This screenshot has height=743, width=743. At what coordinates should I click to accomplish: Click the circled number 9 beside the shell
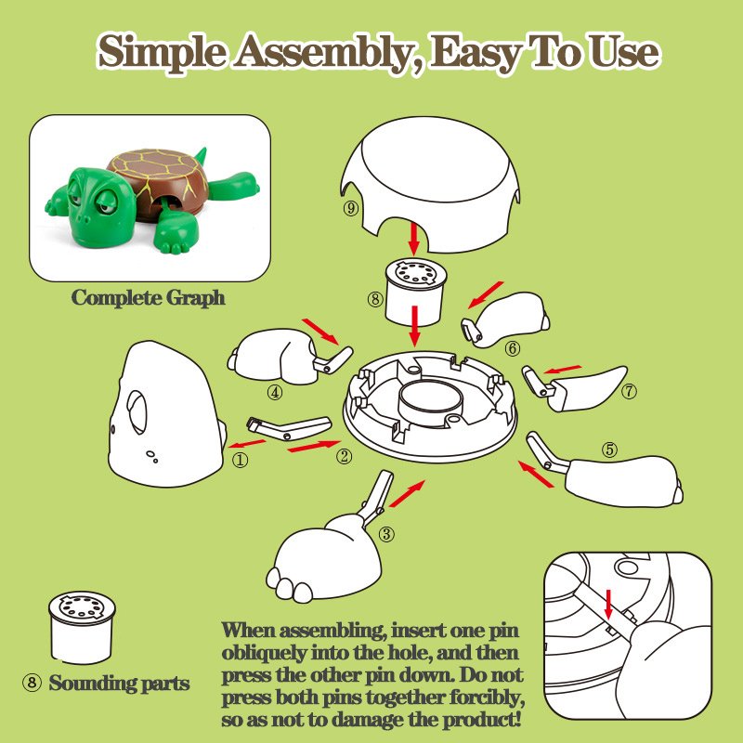[351, 208]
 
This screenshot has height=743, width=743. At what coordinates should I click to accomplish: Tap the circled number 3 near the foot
[386, 535]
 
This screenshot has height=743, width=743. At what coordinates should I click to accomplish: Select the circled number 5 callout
[610, 450]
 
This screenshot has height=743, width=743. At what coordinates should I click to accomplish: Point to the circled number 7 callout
[630, 391]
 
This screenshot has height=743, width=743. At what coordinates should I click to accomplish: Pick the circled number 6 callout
[513, 349]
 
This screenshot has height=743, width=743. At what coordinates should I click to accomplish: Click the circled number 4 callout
[275, 392]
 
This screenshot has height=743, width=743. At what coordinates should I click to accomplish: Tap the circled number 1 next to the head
[240, 460]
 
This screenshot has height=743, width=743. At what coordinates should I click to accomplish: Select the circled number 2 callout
[344, 456]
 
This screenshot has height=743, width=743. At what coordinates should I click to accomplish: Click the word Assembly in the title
[323, 52]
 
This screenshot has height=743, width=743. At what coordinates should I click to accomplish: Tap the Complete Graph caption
[149, 298]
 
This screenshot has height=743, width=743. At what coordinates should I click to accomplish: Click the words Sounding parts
[120, 684]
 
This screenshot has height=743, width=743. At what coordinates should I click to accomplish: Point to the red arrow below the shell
[414, 240]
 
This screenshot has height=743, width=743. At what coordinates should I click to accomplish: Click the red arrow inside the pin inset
[609, 605]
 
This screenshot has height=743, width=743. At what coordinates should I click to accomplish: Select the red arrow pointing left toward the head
[247, 444]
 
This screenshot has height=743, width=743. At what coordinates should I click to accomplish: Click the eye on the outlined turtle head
[137, 412]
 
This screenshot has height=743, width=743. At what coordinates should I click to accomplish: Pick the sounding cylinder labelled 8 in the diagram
[415, 293]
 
